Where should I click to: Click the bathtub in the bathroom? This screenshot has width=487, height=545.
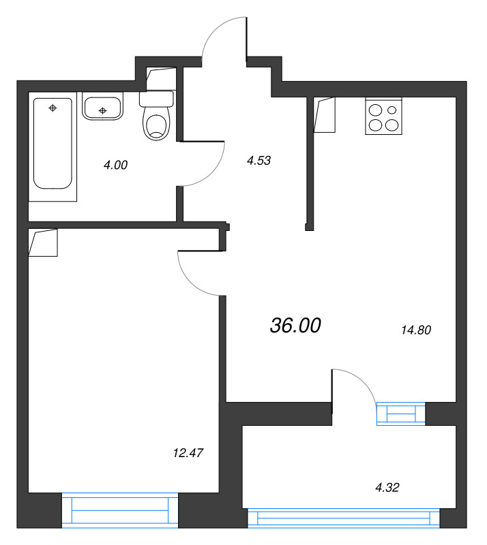(53, 144)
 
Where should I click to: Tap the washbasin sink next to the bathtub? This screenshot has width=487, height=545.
(103, 106)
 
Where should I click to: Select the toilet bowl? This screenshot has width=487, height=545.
(157, 116)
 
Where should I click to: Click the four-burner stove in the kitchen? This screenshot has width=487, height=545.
(383, 116)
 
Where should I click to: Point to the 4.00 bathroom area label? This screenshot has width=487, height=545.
(115, 165)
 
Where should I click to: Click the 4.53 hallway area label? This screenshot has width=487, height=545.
(259, 160)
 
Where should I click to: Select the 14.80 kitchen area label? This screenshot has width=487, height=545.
(416, 330)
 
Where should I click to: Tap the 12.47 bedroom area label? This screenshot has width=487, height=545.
(188, 453)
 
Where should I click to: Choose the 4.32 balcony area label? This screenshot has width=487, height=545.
(387, 487)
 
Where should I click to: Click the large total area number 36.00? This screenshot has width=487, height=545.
(295, 326)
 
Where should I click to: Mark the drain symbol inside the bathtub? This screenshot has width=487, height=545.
(53, 108)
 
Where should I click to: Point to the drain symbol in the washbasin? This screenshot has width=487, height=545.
(102, 111)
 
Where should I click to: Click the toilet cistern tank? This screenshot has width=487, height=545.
(157, 99)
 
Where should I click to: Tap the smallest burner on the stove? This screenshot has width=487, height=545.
(392, 110)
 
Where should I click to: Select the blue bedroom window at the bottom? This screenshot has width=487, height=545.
(120, 510)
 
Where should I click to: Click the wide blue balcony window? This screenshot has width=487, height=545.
(344, 518)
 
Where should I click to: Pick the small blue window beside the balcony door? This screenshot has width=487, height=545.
(401, 414)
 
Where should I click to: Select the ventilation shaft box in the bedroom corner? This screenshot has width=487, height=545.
(43, 243)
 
